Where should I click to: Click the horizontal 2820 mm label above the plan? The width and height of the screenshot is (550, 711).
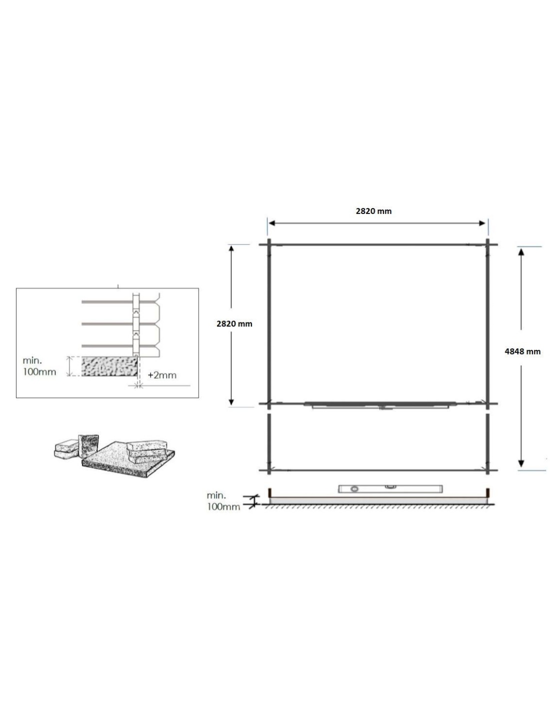(373, 211)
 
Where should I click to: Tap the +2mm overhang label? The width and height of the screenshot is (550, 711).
(162, 375)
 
